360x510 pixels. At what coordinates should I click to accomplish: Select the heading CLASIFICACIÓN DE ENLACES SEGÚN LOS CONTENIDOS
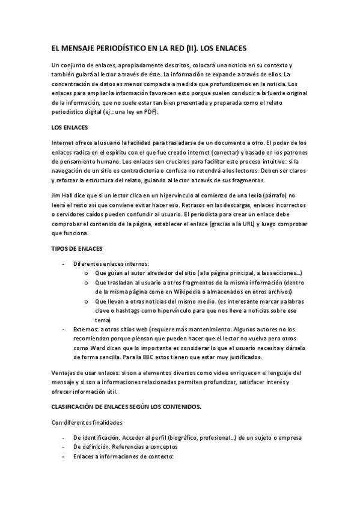click(x=126, y=407)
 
